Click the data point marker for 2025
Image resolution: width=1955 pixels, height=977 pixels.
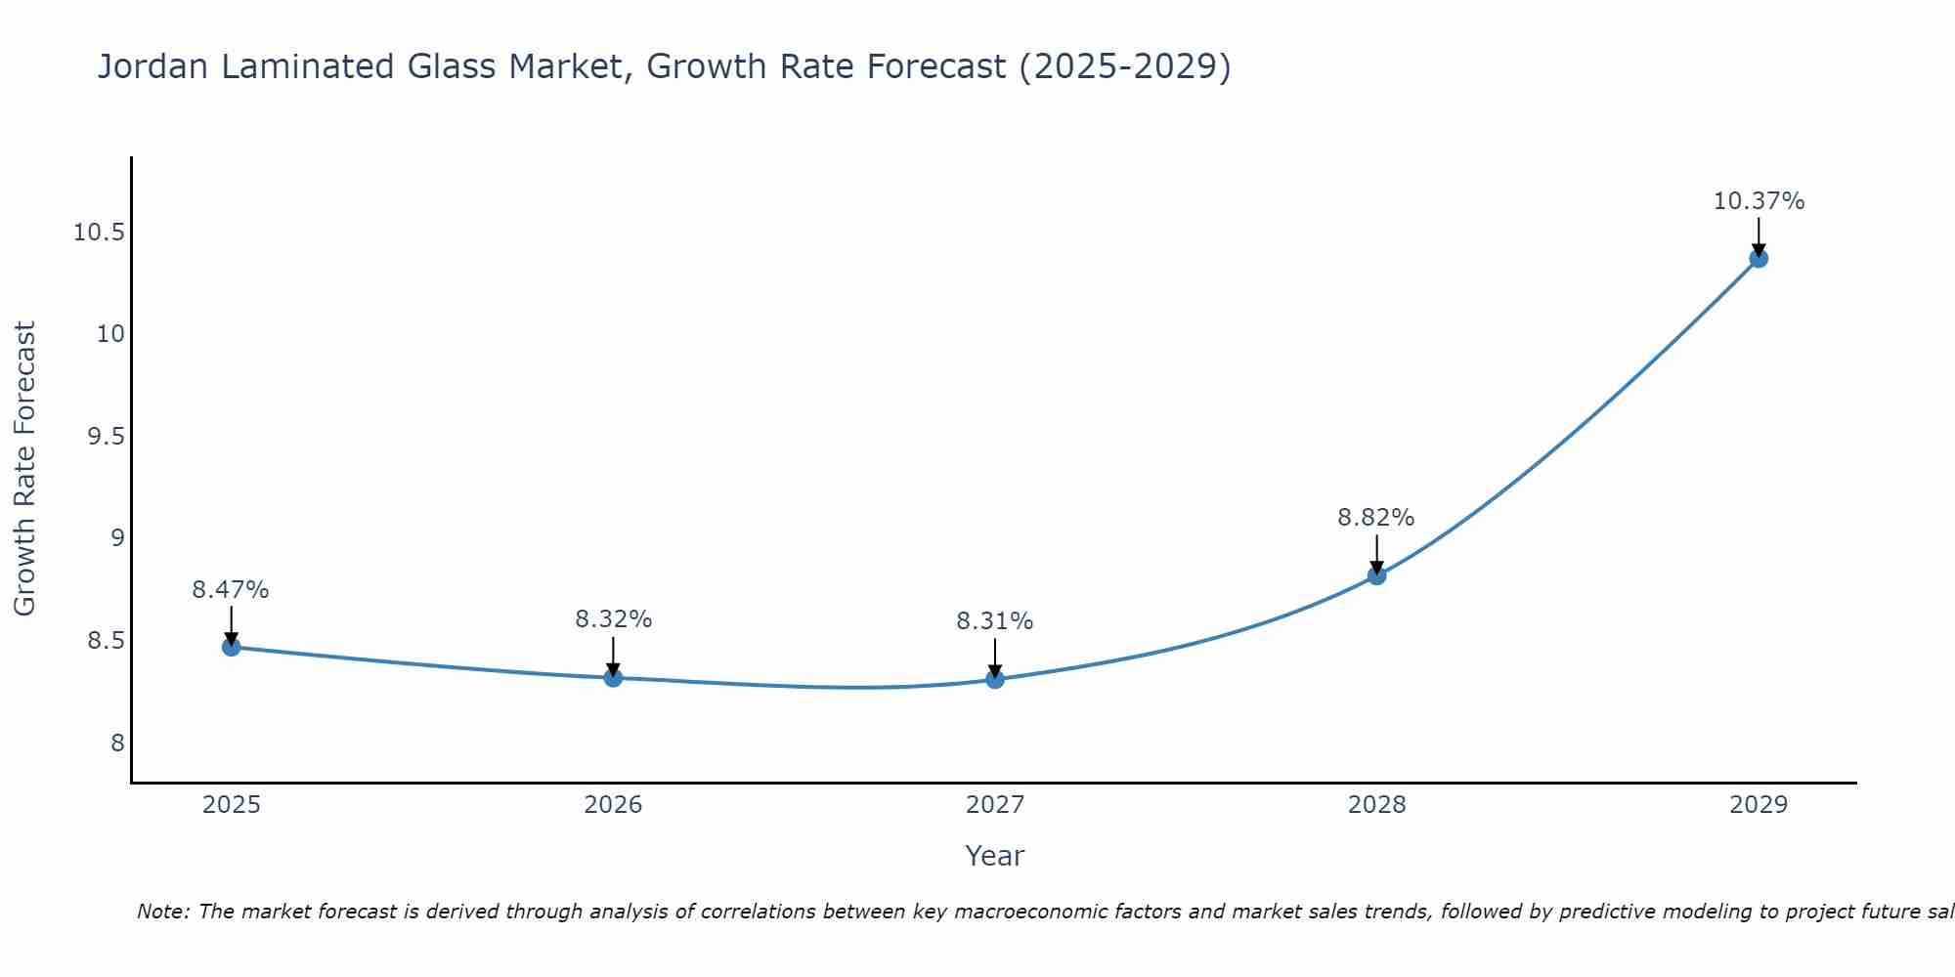(231, 647)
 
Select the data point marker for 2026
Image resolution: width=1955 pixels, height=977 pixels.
(613, 677)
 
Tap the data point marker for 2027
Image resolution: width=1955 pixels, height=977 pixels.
(995, 679)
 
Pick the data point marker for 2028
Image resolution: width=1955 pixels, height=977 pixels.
(1376, 575)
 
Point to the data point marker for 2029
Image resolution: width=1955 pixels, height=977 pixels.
(1759, 258)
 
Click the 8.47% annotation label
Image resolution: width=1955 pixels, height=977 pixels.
(231, 590)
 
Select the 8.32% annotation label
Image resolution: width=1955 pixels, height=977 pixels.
(613, 619)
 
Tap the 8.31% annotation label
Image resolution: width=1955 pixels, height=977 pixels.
(995, 621)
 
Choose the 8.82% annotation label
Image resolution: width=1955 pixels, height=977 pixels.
(1376, 518)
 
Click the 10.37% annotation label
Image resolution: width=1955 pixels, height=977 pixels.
(1759, 201)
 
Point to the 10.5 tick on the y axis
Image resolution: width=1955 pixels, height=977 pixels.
(99, 233)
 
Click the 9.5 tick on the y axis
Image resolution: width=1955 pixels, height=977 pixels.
(107, 437)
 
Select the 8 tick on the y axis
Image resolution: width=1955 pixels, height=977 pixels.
(117, 743)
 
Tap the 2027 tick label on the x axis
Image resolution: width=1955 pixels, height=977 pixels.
(995, 805)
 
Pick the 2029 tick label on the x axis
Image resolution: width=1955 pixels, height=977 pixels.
(1759, 805)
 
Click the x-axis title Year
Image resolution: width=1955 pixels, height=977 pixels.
(995, 856)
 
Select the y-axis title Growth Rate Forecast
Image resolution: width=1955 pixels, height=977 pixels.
(24, 469)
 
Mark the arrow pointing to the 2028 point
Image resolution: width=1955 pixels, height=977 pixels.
(1376, 554)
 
